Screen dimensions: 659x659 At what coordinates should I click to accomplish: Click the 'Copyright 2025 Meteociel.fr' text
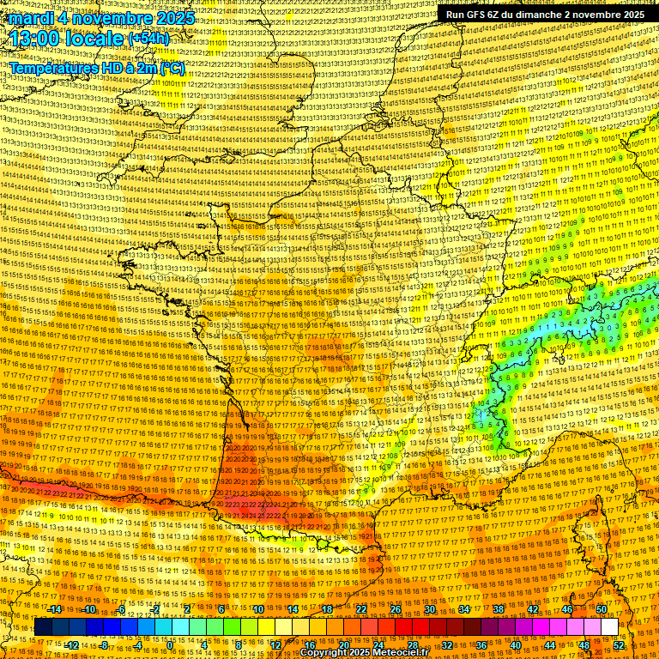(364, 652)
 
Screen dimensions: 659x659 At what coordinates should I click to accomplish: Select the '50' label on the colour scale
(602, 608)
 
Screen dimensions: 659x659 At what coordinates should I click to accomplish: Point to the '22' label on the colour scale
(360, 608)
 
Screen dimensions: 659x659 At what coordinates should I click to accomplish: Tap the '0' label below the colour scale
(170, 645)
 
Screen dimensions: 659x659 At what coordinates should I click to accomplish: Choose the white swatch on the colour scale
(610, 627)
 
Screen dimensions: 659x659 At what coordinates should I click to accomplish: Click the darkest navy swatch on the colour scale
(44, 627)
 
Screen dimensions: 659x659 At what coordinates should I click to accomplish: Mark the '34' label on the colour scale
(464, 608)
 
